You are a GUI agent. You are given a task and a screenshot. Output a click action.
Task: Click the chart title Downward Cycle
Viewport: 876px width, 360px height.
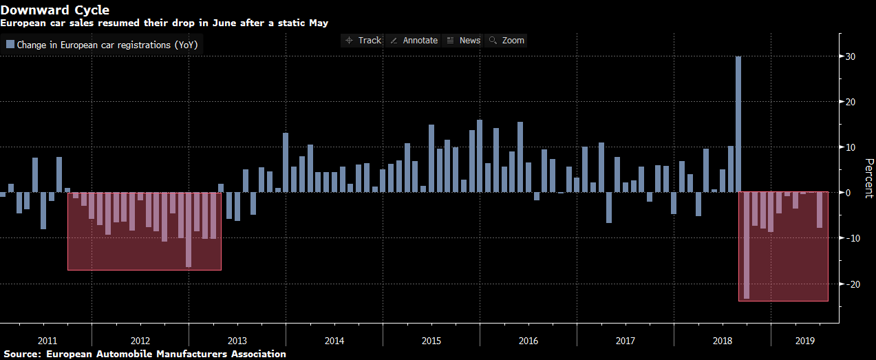(54, 10)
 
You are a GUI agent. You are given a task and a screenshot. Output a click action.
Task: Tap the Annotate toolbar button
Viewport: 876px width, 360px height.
(414, 41)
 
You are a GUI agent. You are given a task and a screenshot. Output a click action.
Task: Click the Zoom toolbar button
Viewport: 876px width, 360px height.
(506, 41)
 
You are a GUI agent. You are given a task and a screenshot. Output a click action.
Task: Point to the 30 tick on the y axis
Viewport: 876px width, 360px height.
(851, 56)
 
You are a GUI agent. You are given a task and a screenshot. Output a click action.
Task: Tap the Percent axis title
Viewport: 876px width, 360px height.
(869, 178)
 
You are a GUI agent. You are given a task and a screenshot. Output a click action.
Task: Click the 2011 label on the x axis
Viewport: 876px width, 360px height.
(47, 341)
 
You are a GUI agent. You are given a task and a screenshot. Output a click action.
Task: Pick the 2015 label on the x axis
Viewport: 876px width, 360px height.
(431, 341)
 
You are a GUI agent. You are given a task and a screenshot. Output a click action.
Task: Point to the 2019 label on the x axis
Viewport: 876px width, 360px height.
(804, 341)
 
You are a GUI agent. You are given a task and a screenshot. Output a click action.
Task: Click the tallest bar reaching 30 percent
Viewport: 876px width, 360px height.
(738, 124)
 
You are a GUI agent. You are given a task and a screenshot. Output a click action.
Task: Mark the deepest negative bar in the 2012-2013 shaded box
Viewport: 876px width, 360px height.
(189, 230)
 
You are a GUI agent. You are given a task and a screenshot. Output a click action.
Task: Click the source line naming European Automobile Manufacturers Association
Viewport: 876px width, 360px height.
(143, 354)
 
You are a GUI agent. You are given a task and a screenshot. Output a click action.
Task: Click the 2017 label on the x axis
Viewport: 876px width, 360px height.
(626, 341)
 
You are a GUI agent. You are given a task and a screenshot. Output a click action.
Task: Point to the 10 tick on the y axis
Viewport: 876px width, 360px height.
(851, 147)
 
